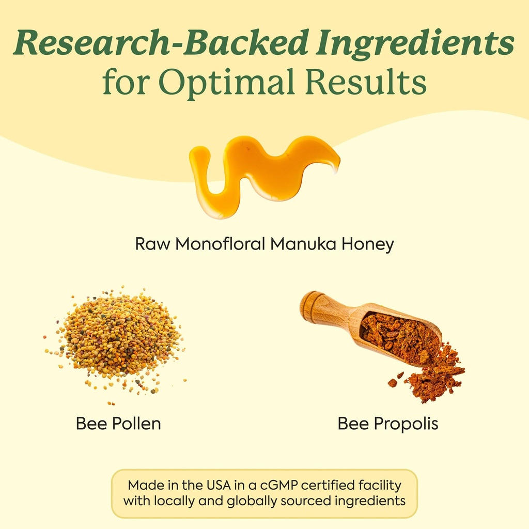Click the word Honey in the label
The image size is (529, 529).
point(367,244)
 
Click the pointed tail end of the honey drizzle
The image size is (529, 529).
point(336,168)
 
